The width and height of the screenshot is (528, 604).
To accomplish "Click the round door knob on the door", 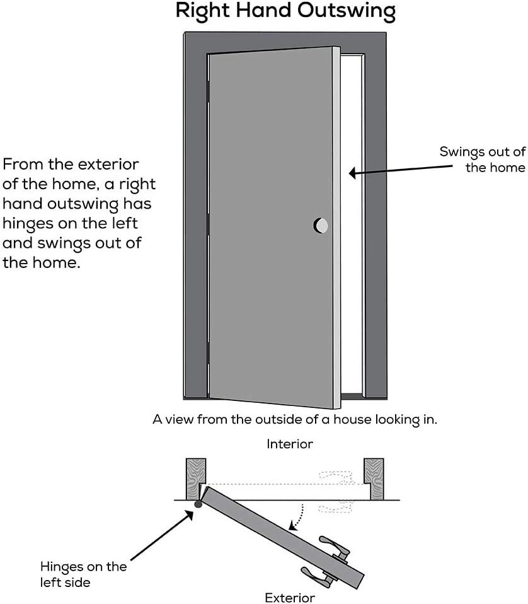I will pyautogui.click(x=320, y=225).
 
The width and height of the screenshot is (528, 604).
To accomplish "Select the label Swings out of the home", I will pyautogui.click(x=482, y=160).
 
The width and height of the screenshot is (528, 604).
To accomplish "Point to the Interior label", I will pyautogui.click(x=290, y=444).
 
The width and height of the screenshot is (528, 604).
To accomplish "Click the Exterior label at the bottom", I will pyautogui.click(x=290, y=597).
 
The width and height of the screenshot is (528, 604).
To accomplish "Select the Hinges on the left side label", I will pyautogui.click(x=83, y=574).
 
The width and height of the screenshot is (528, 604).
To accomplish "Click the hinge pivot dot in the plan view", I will pyautogui.click(x=198, y=504).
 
